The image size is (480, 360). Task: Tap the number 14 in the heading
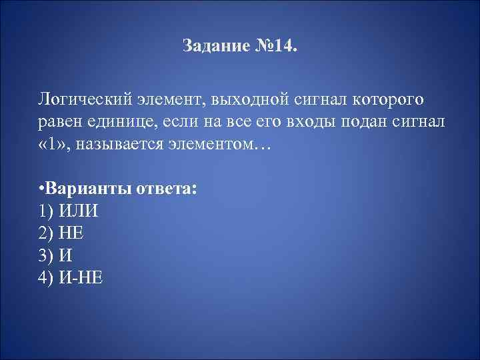click(x=281, y=48)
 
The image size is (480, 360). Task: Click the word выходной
click(x=248, y=100)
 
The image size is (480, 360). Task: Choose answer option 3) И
click(x=55, y=255)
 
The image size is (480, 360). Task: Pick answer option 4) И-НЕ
click(x=71, y=277)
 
